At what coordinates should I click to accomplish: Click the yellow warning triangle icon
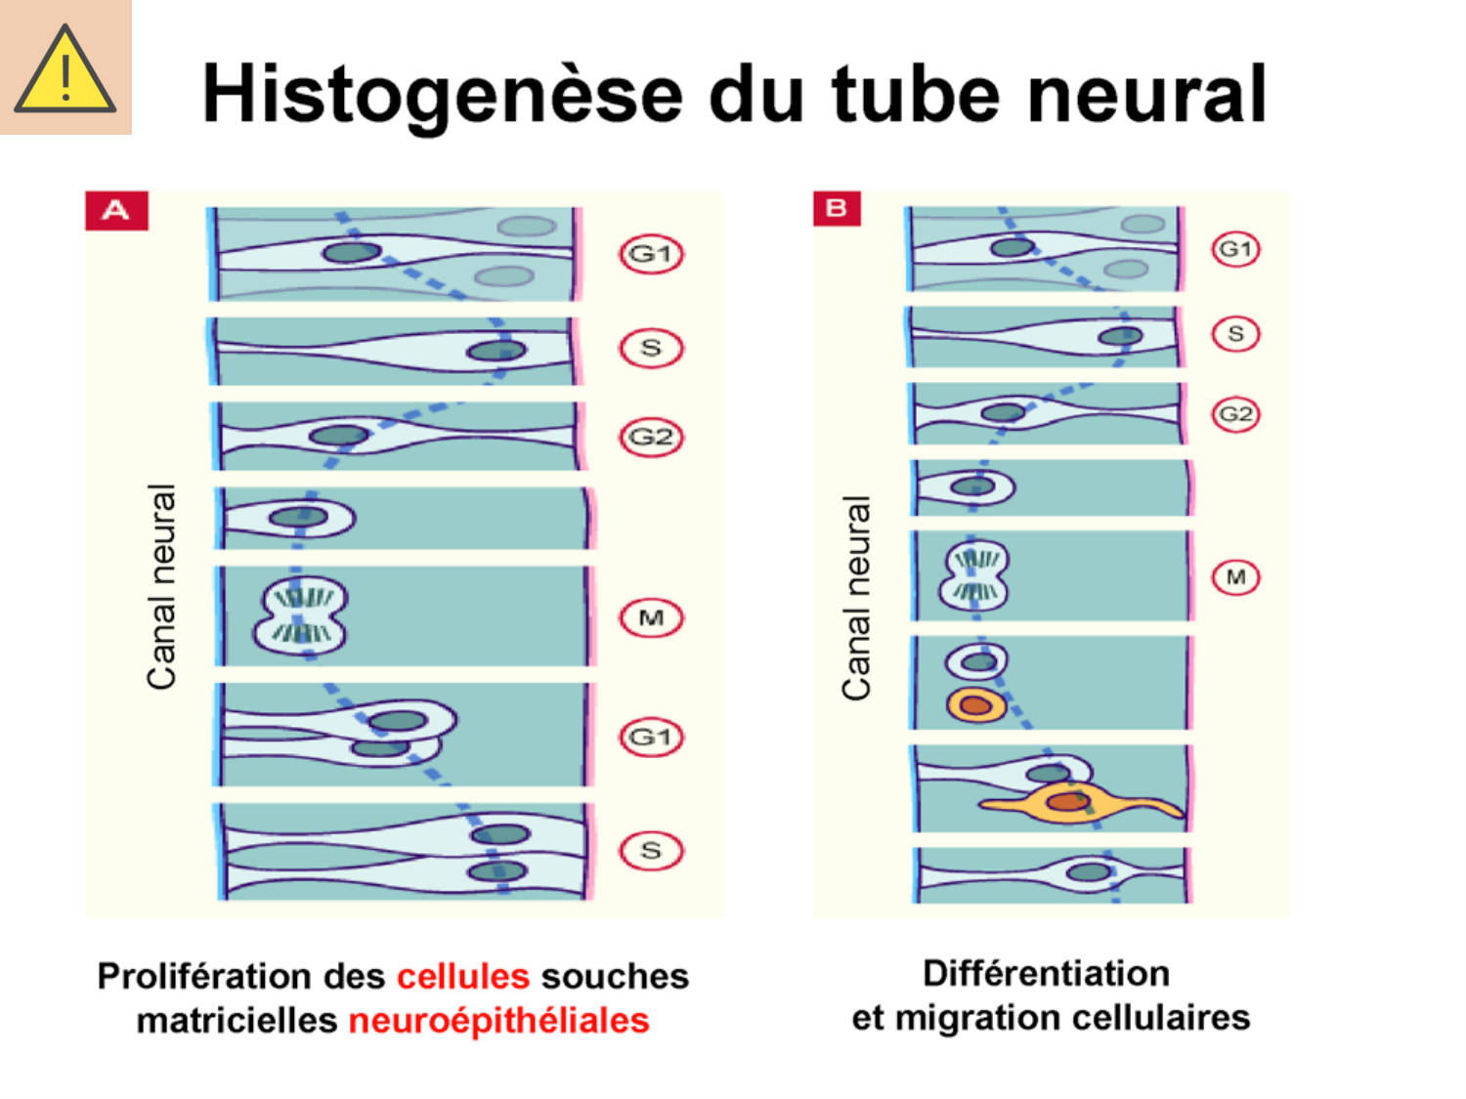tap(65, 68)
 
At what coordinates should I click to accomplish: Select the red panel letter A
tap(116, 210)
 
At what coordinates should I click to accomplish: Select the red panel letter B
tap(837, 208)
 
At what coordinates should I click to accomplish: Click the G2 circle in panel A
tap(651, 437)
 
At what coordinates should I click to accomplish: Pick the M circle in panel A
tap(651, 617)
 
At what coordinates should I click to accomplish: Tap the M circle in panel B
tap(1235, 576)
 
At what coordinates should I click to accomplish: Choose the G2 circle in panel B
tap(1235, 414)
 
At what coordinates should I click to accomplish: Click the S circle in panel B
tap(1235, 334)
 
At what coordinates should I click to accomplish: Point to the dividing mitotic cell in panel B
tap(974, 575)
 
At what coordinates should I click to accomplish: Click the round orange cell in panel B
tap(975, 704)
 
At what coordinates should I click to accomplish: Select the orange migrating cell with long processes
tap(1070, 803)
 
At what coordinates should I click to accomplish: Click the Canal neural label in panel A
tap(162, 586)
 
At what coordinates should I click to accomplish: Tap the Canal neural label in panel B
tap(856, 598)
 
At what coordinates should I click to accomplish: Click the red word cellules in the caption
tap(463, 976)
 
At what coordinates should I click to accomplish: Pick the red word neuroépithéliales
tap(498, 1020)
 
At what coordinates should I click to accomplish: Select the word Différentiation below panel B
tap(1046, 973)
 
